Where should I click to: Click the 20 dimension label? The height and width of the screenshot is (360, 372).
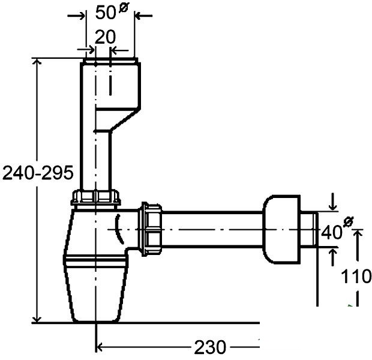coord(106,37)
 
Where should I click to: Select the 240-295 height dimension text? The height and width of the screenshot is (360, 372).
coord(38,173)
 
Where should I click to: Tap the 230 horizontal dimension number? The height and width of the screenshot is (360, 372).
coord(210,347)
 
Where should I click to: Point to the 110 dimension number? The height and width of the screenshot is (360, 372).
coord(356,276)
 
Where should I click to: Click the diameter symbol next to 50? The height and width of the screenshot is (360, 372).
coord(124,8)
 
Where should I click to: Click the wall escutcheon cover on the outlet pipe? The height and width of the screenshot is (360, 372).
coord(281,230)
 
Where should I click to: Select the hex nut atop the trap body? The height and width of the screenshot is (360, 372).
coord(96,197)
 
